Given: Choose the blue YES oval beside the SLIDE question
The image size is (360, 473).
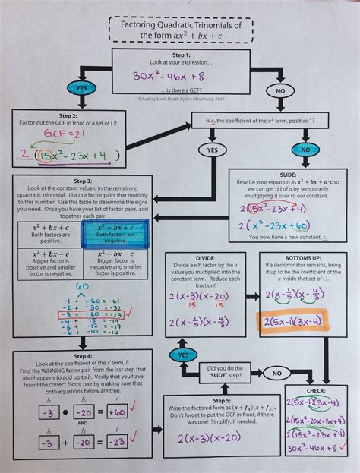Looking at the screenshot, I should pyautogui.click(x=183, y=355).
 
